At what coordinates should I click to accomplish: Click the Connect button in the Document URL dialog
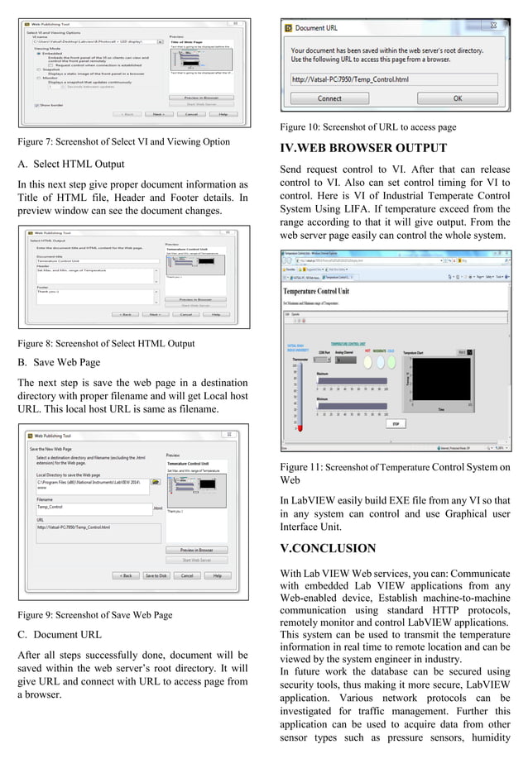click(x=329, y=98)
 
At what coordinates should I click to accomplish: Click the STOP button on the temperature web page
click(x=396, y=424)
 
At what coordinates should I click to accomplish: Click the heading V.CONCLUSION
click(x=329, y=548)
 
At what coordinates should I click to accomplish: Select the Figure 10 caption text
click(x=368, y=127)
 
